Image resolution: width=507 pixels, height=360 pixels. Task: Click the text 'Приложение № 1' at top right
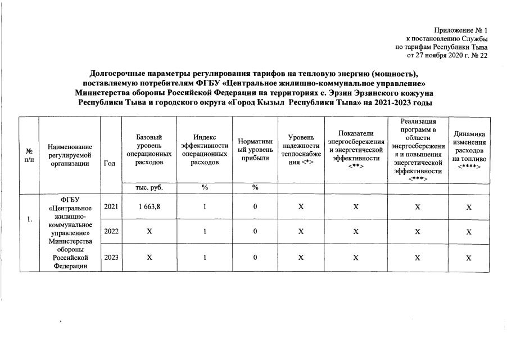[461, 30]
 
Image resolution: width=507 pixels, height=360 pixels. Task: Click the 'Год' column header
[110, 163]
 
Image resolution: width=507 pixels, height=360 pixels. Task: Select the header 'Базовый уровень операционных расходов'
[149, 150]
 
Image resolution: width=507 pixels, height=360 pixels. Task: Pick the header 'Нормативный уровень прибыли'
[255, 150]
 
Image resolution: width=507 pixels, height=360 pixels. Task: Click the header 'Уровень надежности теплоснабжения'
[301, 150]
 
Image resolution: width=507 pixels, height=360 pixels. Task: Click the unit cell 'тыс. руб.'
[149, 188]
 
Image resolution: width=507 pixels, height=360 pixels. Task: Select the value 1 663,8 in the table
[149, 207]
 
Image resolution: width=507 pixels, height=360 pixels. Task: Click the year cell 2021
[111, 207]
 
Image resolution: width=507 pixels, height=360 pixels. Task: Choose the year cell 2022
[111, 231]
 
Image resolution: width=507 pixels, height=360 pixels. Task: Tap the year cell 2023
[111, 257]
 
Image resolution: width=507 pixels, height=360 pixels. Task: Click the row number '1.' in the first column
[29, 219]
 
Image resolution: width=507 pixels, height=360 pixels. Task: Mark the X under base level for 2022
[149, 231]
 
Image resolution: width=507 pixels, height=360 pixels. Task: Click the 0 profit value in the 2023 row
[255, 257]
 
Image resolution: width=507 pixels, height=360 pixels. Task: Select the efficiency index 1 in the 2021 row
[205, 207]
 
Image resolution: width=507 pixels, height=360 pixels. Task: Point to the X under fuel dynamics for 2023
[469, 258]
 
